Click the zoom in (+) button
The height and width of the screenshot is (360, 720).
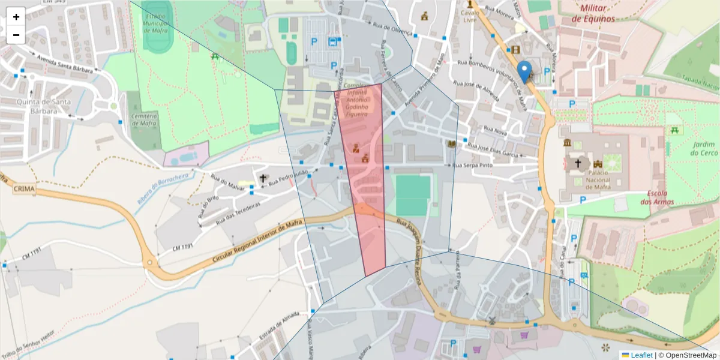click(16, 17)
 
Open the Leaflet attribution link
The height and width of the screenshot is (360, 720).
click(641, 355)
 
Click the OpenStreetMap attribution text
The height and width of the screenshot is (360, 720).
click(690, 355)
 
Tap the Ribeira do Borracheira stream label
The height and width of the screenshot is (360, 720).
click(161, 187)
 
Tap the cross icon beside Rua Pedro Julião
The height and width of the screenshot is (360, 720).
click(262, 178)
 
